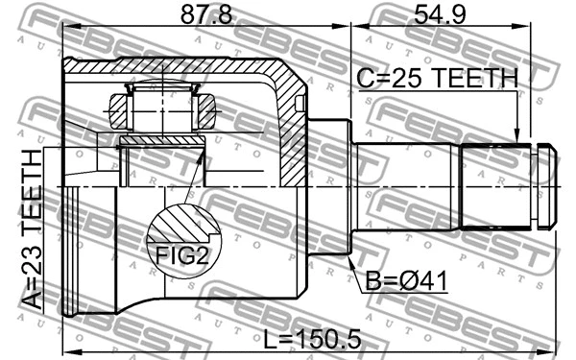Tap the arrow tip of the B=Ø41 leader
point(352,255)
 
